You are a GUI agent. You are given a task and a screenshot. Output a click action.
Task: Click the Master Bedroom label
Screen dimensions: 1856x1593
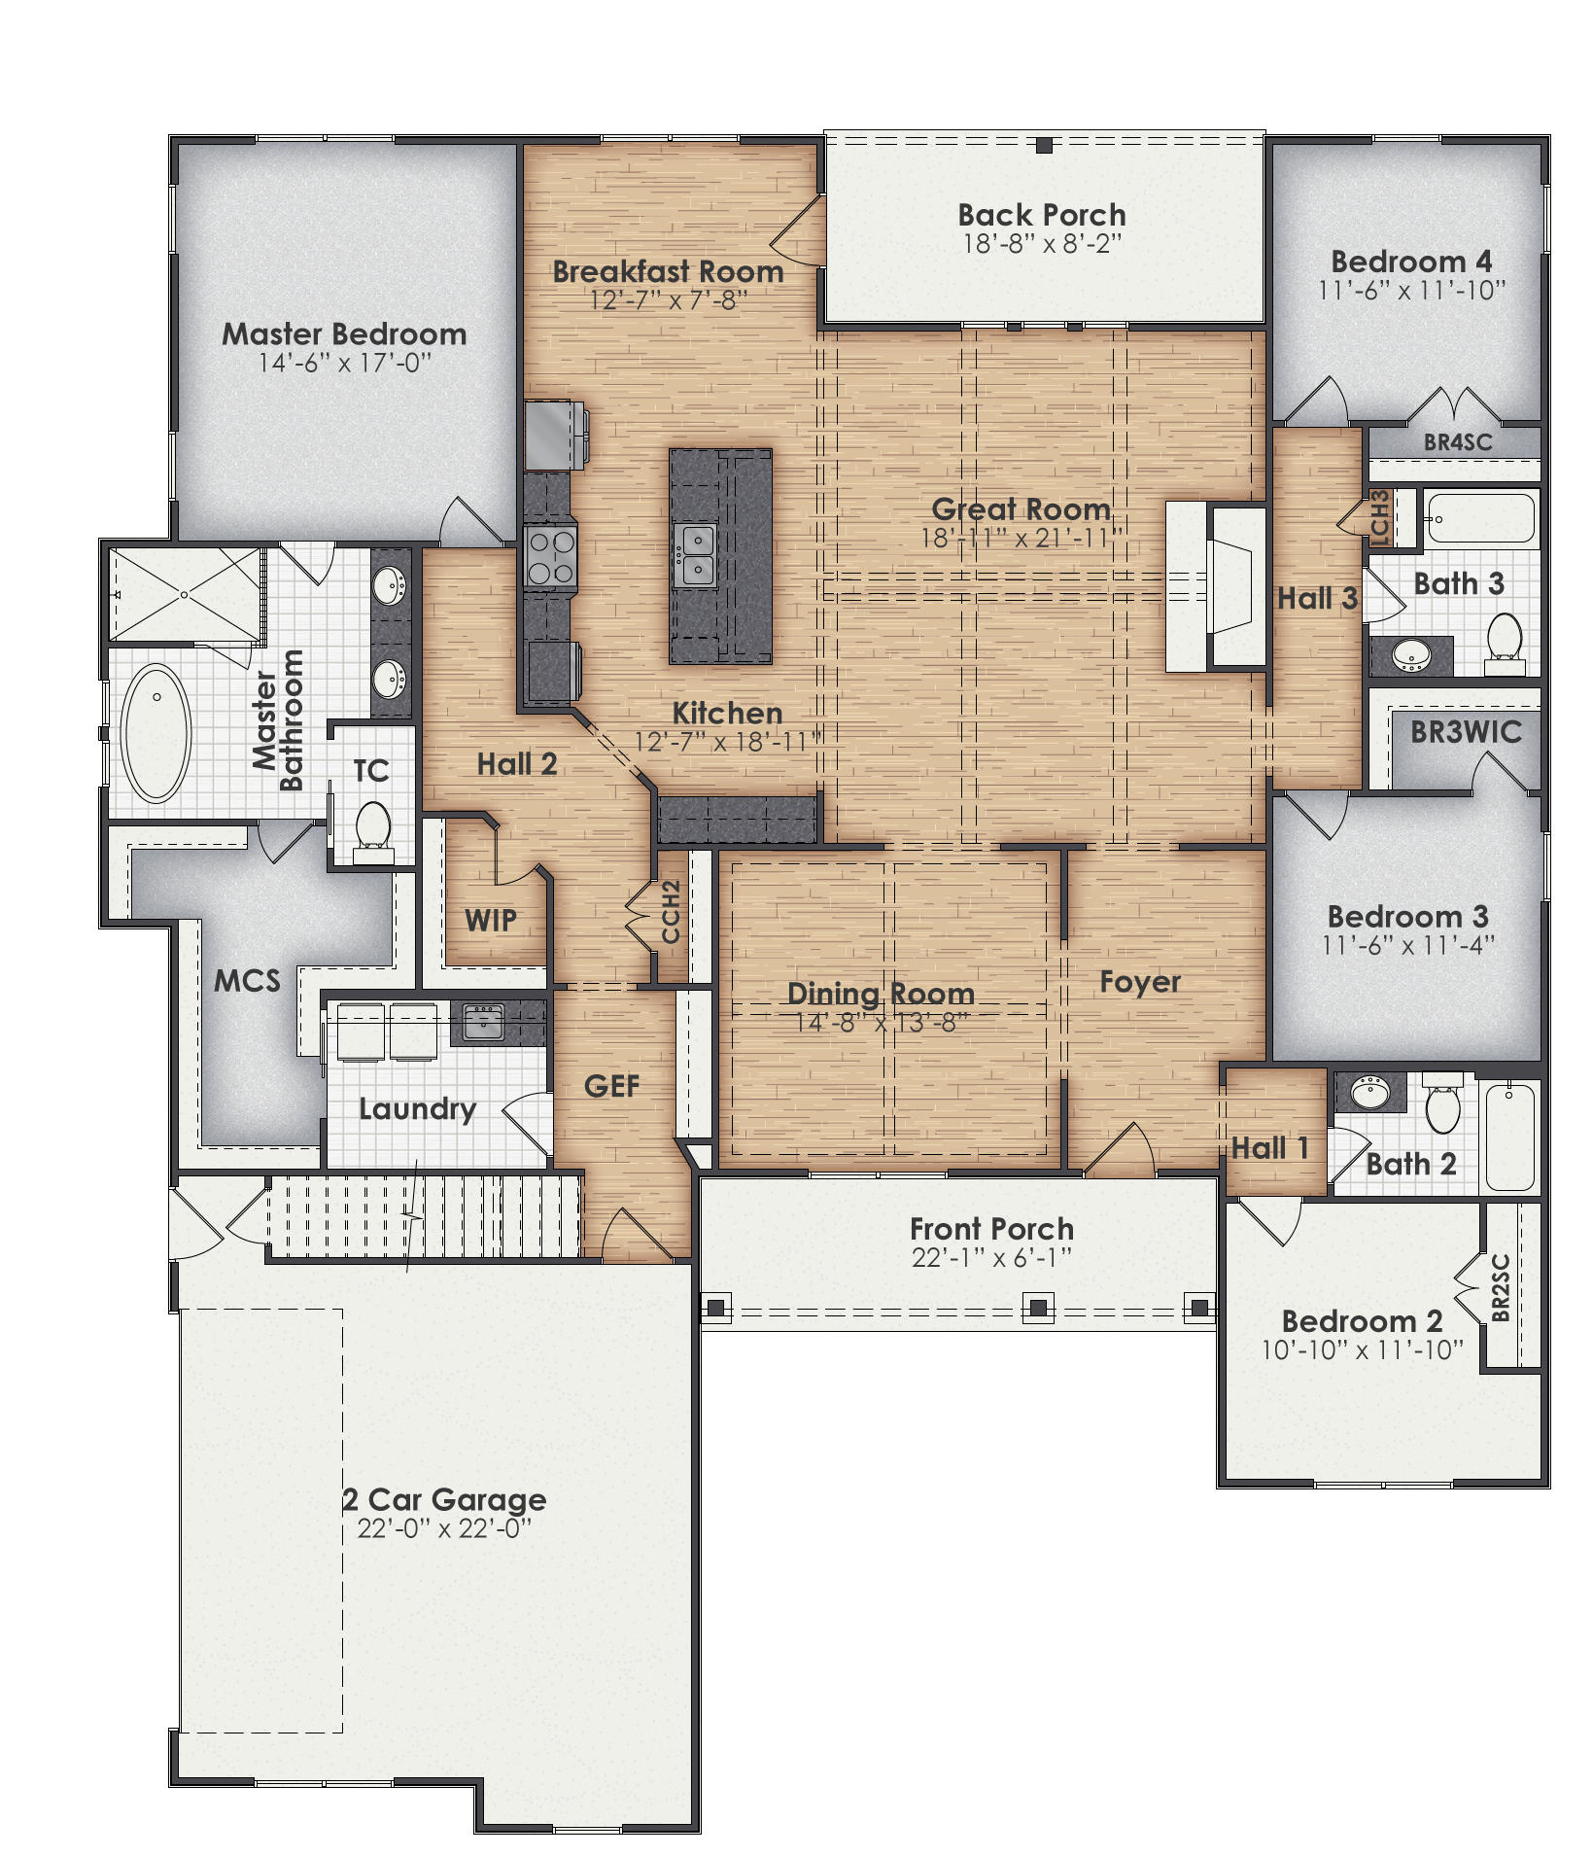point(344,334)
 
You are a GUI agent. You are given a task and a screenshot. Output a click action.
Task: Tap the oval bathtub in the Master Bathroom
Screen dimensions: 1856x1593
point(156,733)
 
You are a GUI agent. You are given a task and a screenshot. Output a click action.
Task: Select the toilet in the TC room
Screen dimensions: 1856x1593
point(372,828)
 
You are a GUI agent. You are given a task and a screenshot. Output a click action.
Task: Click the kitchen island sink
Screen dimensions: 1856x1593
point(697,555)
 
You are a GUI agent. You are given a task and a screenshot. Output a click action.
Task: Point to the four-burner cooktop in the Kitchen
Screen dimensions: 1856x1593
point(550,557)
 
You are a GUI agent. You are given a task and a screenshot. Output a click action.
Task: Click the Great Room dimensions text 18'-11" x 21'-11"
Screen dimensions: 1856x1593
point(1021,538)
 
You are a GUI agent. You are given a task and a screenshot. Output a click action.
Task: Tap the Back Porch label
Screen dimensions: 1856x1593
point(1041,215)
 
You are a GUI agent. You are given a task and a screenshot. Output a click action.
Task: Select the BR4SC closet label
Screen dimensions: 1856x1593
point(1457,442)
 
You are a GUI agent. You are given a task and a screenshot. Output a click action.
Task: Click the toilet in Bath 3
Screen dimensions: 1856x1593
point(1505,640)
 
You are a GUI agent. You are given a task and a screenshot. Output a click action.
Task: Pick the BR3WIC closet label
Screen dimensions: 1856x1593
point(1466,732)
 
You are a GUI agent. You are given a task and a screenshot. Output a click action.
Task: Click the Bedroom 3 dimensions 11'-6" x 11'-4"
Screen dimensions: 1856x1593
point(1407,945)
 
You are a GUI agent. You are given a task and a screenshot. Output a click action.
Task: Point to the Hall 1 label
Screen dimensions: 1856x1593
point(1269,1148)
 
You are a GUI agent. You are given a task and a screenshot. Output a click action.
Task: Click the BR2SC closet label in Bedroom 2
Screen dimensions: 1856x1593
point(1500,1288)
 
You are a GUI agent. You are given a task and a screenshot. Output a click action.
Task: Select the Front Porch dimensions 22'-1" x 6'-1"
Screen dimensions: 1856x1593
point(991,1258)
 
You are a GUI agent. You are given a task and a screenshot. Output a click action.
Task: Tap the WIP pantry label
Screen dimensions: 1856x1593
point(491,921)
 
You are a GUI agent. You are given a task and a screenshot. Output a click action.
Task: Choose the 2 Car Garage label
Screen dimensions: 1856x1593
point(444,1499)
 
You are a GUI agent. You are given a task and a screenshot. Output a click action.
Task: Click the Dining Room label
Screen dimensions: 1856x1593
point(881,993)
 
